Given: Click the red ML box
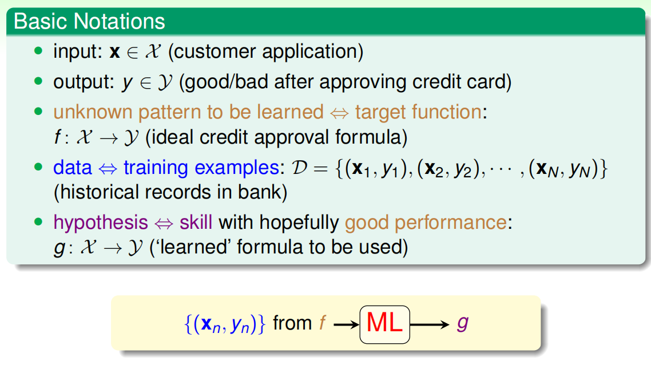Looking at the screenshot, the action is [x=384, y=324].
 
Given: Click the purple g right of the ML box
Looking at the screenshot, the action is [x=463, y=323].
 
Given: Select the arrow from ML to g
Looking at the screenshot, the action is [x=430, y=324].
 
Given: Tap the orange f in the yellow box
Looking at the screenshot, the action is [x=323, y=322].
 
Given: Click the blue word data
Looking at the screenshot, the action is [x=72, y=168].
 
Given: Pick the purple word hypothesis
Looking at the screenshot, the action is [x=101, y=223].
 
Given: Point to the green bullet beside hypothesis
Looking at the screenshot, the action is [x=38, y=222].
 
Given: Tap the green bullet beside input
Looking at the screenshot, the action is [x=38, y=51].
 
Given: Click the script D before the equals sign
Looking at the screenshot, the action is [x=299, y=168].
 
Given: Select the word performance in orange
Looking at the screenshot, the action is [x=450, y=223].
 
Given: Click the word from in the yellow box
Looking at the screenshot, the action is [x=292, y=323].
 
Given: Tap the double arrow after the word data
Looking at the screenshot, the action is [x=108, y=169].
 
